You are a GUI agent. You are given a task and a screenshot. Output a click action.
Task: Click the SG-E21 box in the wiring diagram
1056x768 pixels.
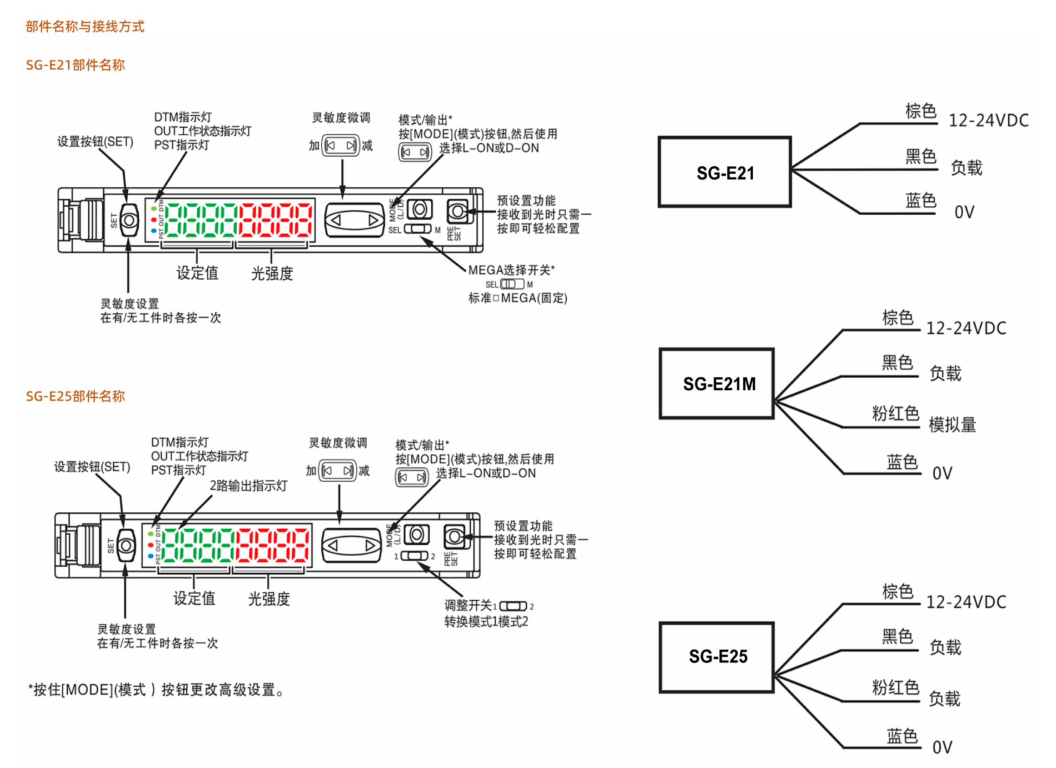point(725,172)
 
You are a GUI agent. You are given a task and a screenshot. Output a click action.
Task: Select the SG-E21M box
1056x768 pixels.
point(717,383)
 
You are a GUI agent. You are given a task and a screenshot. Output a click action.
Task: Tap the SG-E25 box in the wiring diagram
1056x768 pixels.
point(717,657)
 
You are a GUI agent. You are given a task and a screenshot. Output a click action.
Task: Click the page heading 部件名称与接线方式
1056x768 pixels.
point(85,26)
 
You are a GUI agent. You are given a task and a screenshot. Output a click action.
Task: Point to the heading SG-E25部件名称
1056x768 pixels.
point(75,396)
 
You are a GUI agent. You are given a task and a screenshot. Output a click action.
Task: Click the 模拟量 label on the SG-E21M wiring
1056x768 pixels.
point(952,425)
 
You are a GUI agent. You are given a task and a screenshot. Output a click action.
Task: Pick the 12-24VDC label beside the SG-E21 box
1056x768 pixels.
point(989,120)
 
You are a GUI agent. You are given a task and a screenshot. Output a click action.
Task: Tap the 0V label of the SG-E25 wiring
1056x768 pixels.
point(942,748)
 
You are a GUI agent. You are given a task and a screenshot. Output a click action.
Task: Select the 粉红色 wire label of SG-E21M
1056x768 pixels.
point(895,414)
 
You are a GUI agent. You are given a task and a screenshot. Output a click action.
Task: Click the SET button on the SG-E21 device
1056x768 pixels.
point(129,220)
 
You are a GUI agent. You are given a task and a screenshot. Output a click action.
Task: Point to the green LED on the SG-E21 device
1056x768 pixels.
point(154,208)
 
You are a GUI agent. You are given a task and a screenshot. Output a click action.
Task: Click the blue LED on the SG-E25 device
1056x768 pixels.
point(150,556)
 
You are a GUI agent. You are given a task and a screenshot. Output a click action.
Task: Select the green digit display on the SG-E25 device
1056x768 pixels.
point(199,545)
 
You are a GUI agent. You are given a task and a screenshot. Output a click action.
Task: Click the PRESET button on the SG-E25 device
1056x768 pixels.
point(454,537)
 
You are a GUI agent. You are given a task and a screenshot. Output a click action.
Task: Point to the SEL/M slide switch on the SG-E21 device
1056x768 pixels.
point(418,229)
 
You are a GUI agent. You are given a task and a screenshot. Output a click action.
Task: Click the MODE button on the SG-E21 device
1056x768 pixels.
point(420,209)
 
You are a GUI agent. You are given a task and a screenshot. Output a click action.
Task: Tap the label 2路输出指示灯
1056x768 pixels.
point(248,486)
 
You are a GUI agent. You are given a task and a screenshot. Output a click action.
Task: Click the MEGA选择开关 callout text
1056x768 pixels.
point(511,270)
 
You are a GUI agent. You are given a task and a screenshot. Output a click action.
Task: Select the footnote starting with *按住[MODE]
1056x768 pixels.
point(156,689)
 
